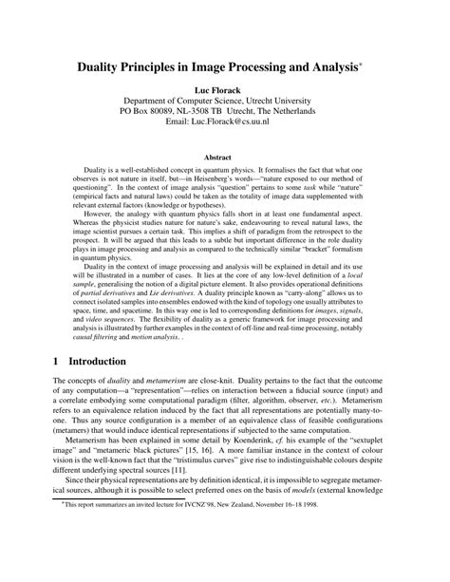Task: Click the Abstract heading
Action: (224, 159)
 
